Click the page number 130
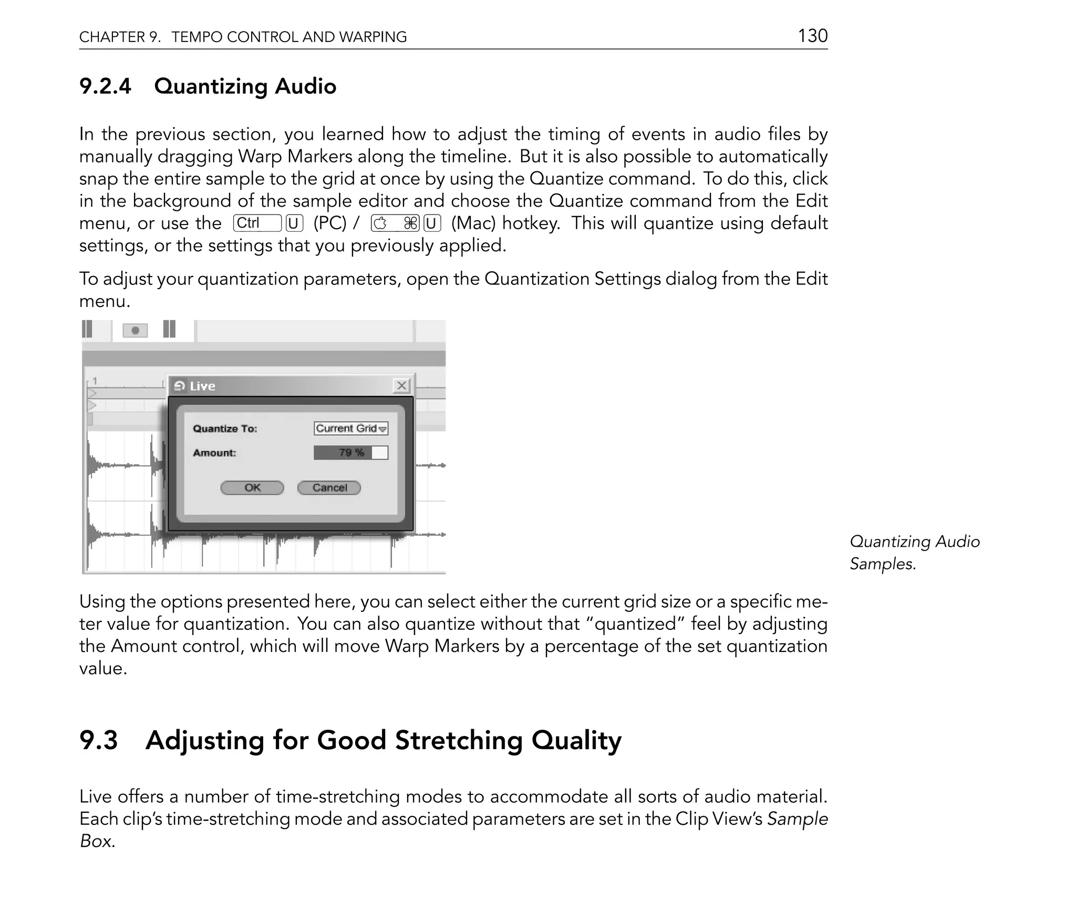click(812, 36)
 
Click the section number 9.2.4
click(105, 86)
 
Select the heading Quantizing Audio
click(245, 86)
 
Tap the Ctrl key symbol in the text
click(257, 223)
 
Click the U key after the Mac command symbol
click(432, 224)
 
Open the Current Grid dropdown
click(351, 428)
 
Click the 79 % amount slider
click(351, 453)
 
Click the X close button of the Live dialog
click(401, 386)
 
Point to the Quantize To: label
click(225, 429)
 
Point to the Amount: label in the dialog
click(214, 453)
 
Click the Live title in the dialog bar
click(202, 386)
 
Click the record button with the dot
click(135, 330)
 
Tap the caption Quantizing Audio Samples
click(914, 552)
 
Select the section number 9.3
click(99, 740)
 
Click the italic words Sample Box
click(797, 819)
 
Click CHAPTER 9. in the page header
click(120, 37)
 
